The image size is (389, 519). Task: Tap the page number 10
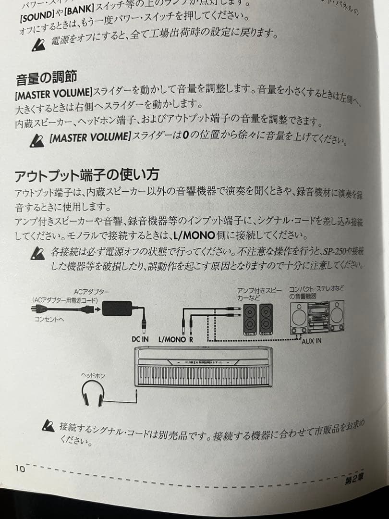pyautogui.click(x=20, y=468)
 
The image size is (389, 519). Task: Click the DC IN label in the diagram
pyautogui.click(x=140, y=339)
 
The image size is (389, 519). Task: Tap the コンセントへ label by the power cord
pyautogui.click(x=48, y=319)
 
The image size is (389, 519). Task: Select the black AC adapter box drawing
pyautogui.click(x=117, y=308)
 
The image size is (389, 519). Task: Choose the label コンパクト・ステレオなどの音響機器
pyautogui.click(x=316, y=293)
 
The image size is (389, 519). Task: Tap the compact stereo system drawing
pyautogui.click(x=317, y=317)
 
